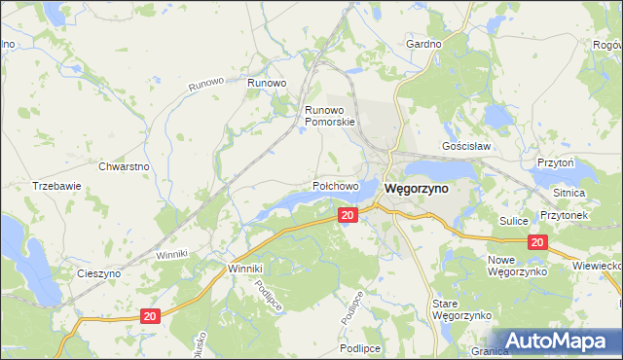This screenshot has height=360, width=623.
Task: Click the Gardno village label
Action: click(x=424, y=45)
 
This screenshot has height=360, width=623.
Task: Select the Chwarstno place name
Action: click(x=124, y=166)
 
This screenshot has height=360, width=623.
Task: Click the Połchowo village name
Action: click(x=336, y=185)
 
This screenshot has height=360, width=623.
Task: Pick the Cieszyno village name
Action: click(x=99, y=273)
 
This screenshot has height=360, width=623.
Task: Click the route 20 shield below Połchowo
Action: click(x=348, y=214)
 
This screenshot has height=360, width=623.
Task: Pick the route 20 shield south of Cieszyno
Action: click(x=149, y=316)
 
